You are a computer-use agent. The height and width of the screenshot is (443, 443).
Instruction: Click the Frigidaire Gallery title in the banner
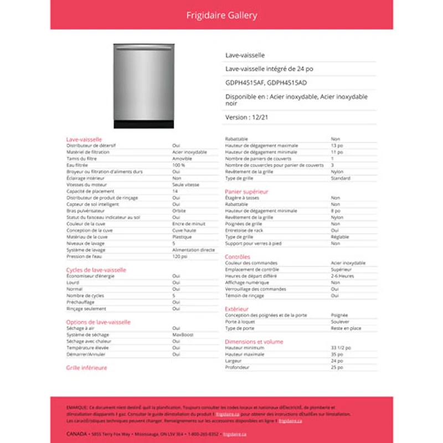click(221, 16)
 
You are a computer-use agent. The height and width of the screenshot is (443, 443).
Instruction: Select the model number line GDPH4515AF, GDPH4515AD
click(266, 83)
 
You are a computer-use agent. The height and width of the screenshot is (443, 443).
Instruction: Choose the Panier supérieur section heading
click(246, 192)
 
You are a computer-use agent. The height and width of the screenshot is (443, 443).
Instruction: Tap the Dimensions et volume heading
click(254, 342)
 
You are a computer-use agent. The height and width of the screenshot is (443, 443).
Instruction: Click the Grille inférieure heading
click(86, 368)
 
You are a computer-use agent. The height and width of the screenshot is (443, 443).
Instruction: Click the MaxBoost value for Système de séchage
click(183, 334)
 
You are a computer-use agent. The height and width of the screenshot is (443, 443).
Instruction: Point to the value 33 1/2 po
click(341, 348)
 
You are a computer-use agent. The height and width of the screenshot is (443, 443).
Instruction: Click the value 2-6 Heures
click(342, 276)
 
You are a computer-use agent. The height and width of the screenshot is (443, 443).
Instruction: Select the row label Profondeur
click(237, 367)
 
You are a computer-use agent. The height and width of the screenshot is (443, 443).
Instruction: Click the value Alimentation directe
click(193, 250)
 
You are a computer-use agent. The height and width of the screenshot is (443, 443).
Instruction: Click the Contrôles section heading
click(238, 257)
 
